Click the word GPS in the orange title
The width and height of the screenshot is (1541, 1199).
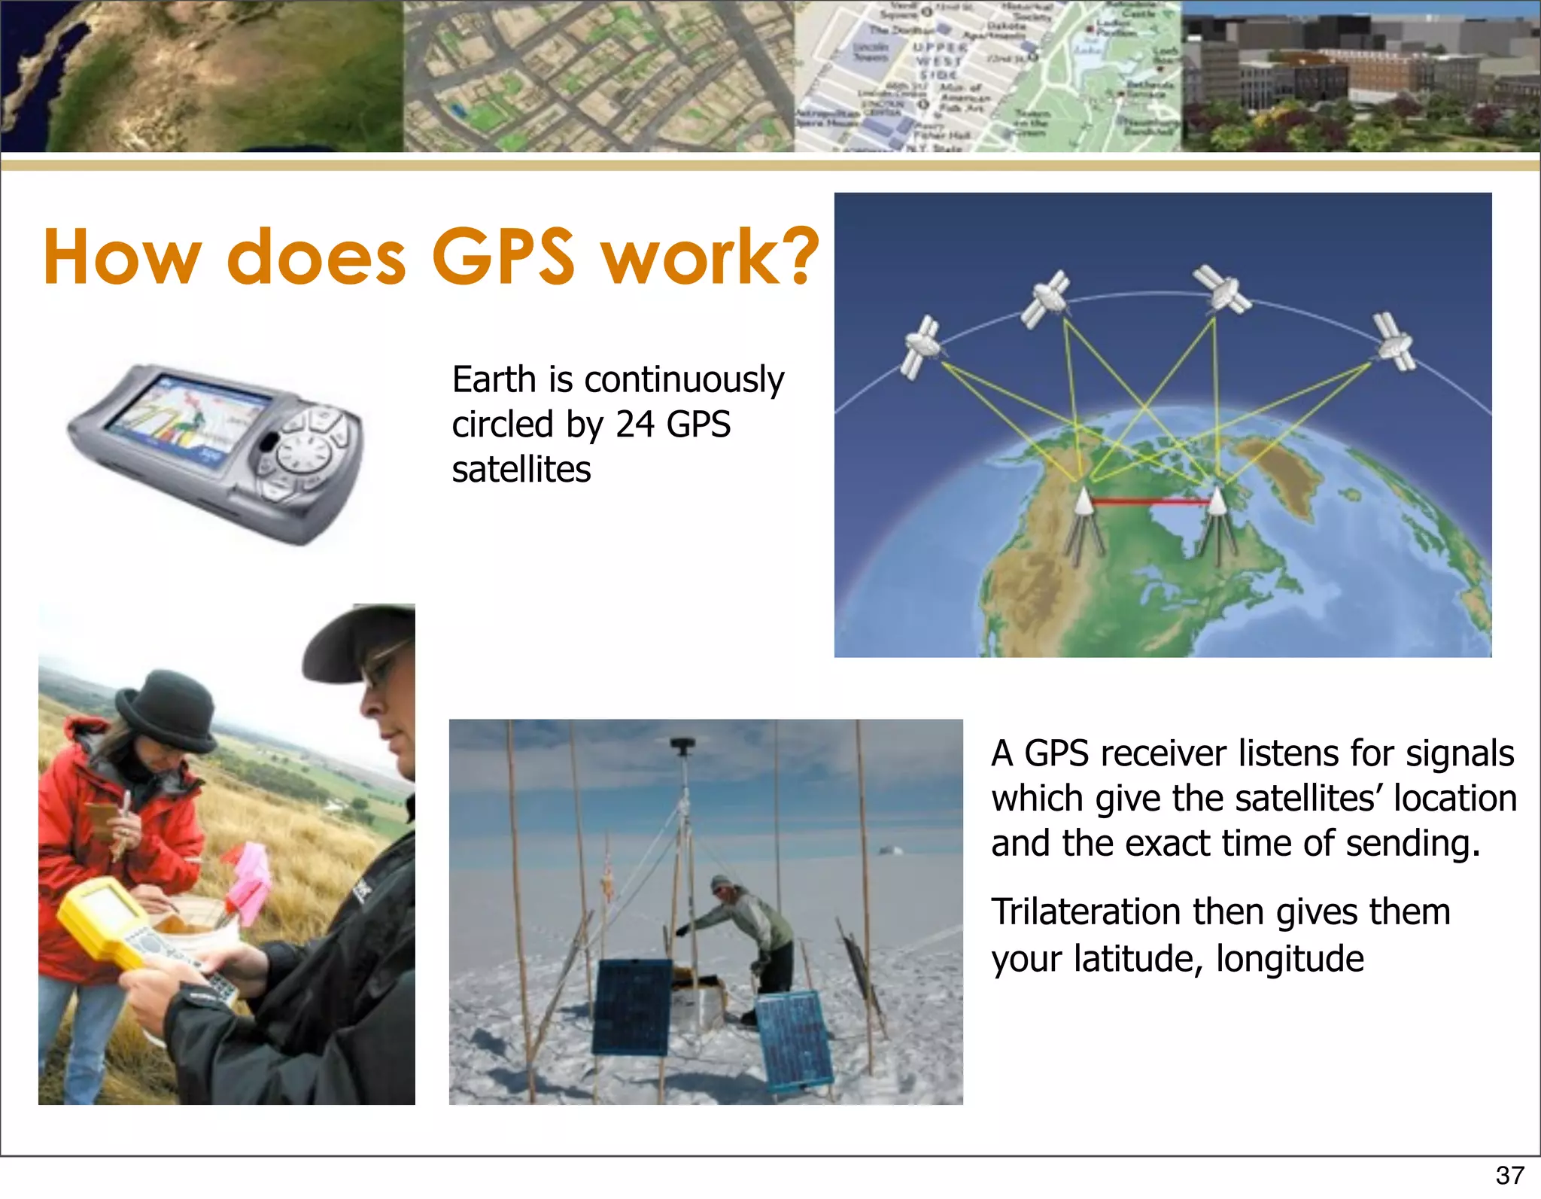(503, 257)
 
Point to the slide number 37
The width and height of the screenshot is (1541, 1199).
(1509, 1175)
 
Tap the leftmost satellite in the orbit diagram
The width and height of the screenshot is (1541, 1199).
(921, 347)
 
